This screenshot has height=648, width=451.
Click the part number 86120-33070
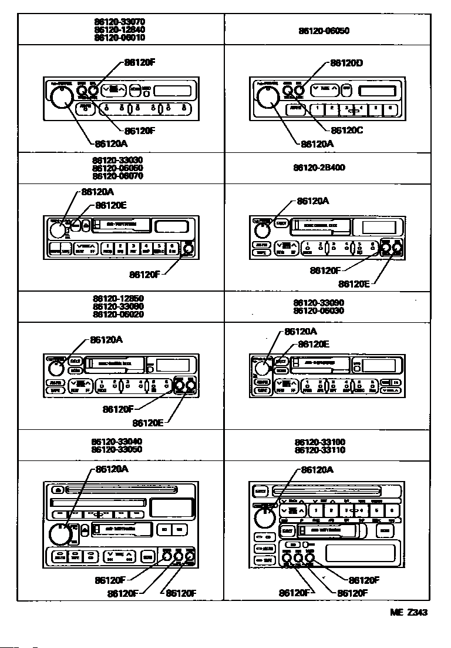click(119, 21)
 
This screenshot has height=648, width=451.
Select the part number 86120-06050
click(324, 31)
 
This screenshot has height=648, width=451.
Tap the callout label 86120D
click(346, 62)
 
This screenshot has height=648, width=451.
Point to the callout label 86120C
click(347, 131)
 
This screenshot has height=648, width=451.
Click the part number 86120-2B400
click(319, 168)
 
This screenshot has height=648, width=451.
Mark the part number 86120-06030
click(319, 310)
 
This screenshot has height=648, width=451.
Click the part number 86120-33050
click(117, 449)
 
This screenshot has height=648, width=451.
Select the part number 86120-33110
click(319, 450)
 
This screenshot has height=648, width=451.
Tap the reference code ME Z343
click(409, 612)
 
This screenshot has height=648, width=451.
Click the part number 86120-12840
click(119, 29)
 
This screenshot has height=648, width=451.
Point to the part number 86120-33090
click(319, 303)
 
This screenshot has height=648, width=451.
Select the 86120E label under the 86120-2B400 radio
click(355, 284)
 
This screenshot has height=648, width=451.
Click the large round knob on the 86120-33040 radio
click(59, 533)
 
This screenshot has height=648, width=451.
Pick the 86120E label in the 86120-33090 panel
click(314, 345)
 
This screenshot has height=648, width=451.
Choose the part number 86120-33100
click(319, 442)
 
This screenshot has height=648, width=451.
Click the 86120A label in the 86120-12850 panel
click(106, 340)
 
